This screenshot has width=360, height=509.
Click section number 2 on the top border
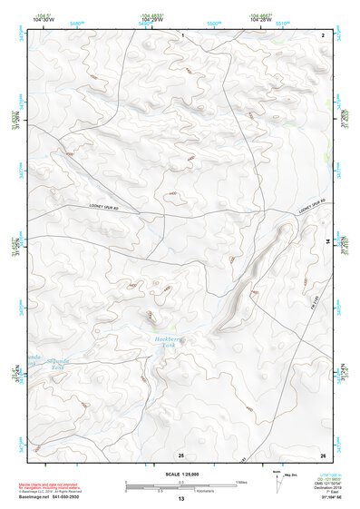point(323,34)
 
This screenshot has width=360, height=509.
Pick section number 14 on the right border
point(327,241)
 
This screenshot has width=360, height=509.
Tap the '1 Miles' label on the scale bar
point(240,482)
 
